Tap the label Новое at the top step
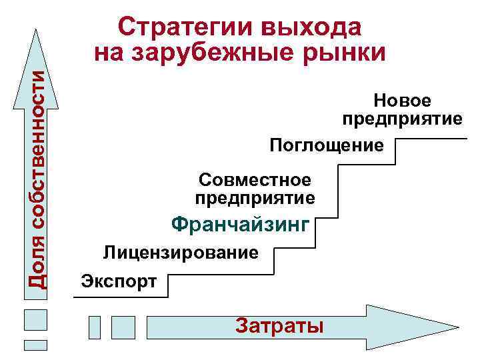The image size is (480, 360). point(403,101)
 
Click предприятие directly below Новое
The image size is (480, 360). point(402,119)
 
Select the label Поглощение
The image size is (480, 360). point(327,145)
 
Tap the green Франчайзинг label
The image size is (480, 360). point(241,225)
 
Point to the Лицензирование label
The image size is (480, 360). point(180,253)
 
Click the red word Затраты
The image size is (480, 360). point(279,326)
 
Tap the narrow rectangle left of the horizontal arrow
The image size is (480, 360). point(95,327)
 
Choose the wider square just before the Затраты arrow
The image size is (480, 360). point(123,327)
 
